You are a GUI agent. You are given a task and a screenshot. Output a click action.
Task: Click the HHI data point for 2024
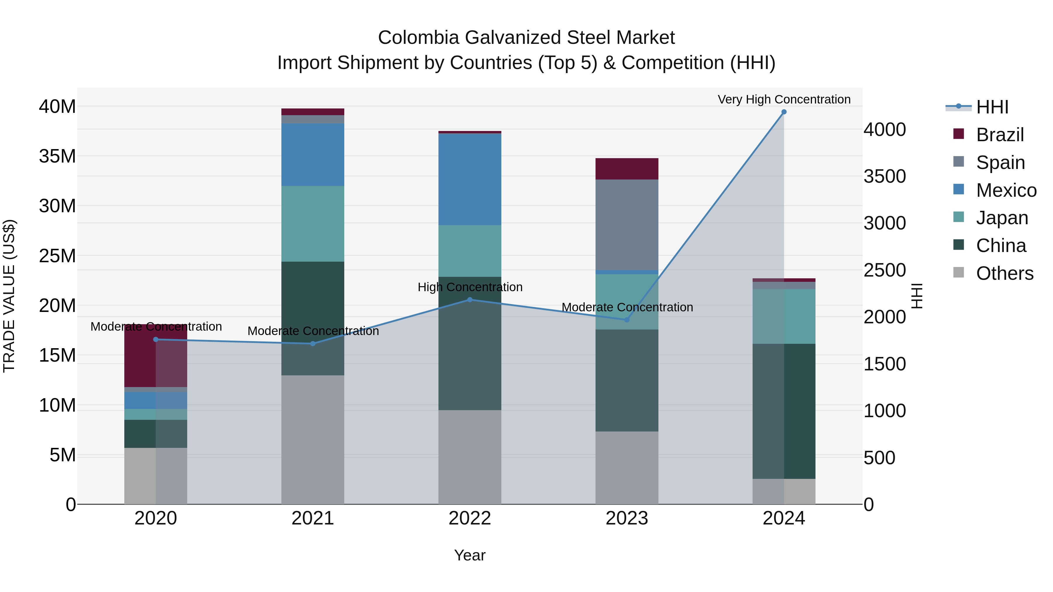coord(784,112)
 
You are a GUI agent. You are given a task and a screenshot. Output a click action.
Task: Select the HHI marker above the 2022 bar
coord(470,300)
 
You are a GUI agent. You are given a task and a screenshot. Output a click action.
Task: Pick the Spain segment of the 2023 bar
coord(627,225)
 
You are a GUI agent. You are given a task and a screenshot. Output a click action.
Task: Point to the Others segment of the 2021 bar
coord(313,439)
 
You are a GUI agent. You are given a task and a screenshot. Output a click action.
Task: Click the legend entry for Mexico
coord(1006,190)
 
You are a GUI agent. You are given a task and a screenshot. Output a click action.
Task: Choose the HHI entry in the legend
coord(992,107)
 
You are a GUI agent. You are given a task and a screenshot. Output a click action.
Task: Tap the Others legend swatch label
coord(1004,273)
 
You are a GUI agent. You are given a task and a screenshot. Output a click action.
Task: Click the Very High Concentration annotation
coord(784,99)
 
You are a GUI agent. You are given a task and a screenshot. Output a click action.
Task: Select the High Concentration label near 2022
coord(470,287)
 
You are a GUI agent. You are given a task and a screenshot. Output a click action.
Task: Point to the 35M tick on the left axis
coord(57,156)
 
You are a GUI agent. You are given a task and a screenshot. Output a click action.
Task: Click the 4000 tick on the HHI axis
coord(884,130)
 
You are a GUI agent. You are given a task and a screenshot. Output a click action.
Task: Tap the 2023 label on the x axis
coord(627,518)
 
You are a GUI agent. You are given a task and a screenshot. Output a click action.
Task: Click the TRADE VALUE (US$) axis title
coord(9,296)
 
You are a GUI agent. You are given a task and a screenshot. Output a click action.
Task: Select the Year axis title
coord(470,555)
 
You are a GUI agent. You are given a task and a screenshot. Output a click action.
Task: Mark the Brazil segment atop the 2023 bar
coord(627,169)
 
